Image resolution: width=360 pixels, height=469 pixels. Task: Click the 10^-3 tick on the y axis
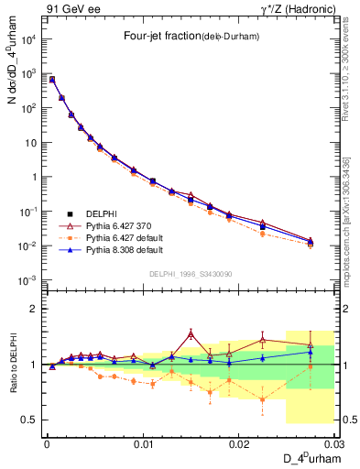[27, 280]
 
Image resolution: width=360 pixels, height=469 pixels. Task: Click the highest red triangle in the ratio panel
[191, 334]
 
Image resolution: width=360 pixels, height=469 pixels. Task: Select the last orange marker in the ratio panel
[310, 366]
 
